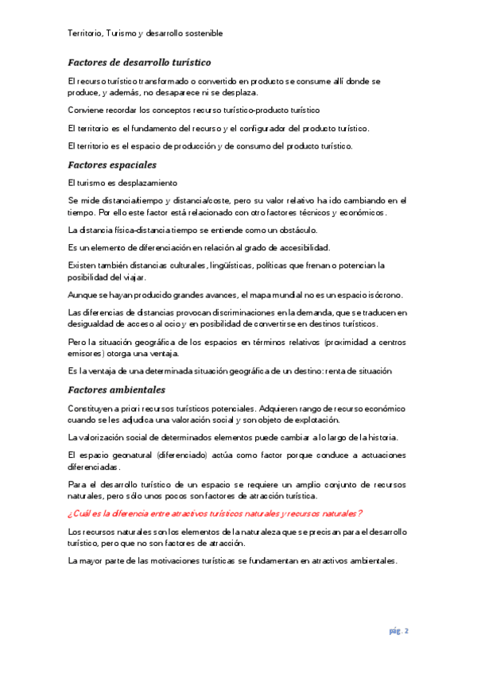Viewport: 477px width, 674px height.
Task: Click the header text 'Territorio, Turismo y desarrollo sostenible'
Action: pos(145,33)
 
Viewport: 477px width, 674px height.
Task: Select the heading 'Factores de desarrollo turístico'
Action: pos(139,62)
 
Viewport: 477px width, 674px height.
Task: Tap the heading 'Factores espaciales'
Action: pos(112,165)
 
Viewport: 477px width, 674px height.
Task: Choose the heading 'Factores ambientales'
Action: pos(117,390)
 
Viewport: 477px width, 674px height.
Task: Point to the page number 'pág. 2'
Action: pos(398,631)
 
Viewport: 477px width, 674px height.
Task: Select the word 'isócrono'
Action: pos(384,295)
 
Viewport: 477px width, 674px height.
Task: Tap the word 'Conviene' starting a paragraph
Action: pos(87,110)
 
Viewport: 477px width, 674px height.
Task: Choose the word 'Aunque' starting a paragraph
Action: pos(84,295)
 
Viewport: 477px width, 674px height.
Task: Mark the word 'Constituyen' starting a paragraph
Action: pos(93,409)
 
